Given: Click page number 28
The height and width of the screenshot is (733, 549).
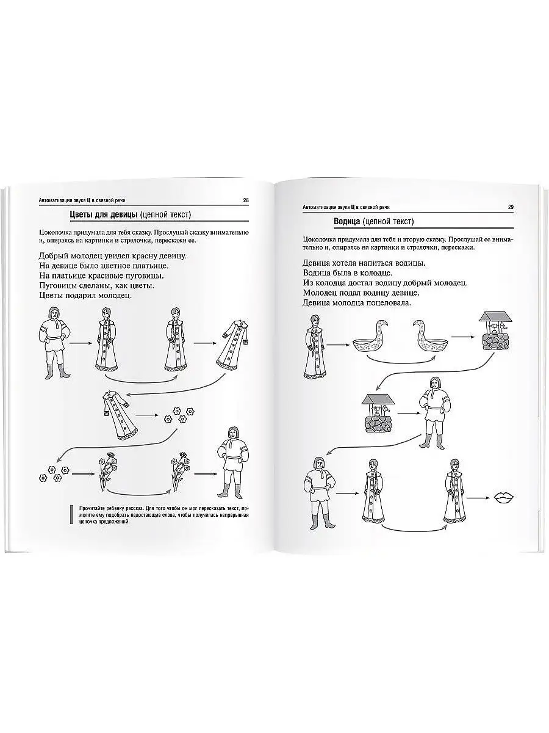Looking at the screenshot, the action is pos(246,200).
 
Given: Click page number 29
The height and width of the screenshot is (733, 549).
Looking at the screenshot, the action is pos(511,207).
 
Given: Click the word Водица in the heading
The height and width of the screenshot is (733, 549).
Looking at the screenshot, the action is pos(346,221).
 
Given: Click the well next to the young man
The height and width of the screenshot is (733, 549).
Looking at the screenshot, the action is pos(378,413).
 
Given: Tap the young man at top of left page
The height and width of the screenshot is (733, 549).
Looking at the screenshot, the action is pos(55,343).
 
